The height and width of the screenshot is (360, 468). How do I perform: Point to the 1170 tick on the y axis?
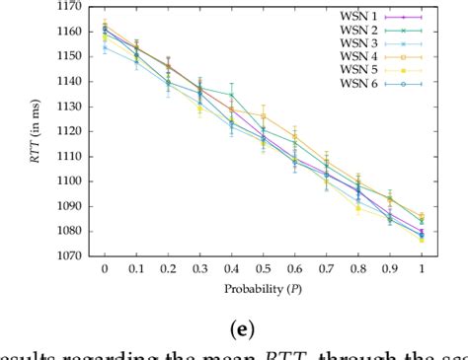pos(71,7)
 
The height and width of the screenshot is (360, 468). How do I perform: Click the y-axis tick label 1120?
pos(71,131)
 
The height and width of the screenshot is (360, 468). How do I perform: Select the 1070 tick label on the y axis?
pos(71,255)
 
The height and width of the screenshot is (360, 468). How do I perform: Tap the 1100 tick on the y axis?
pos(71,180)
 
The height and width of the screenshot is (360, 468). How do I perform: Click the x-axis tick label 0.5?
pos(263,269)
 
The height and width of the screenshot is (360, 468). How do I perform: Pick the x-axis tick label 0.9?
pos(389,269)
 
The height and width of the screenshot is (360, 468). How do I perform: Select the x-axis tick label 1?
pos(422,269)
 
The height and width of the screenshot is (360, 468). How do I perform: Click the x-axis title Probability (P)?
pos(263,290)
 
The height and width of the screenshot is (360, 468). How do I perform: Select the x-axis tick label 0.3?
pos(199,269)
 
